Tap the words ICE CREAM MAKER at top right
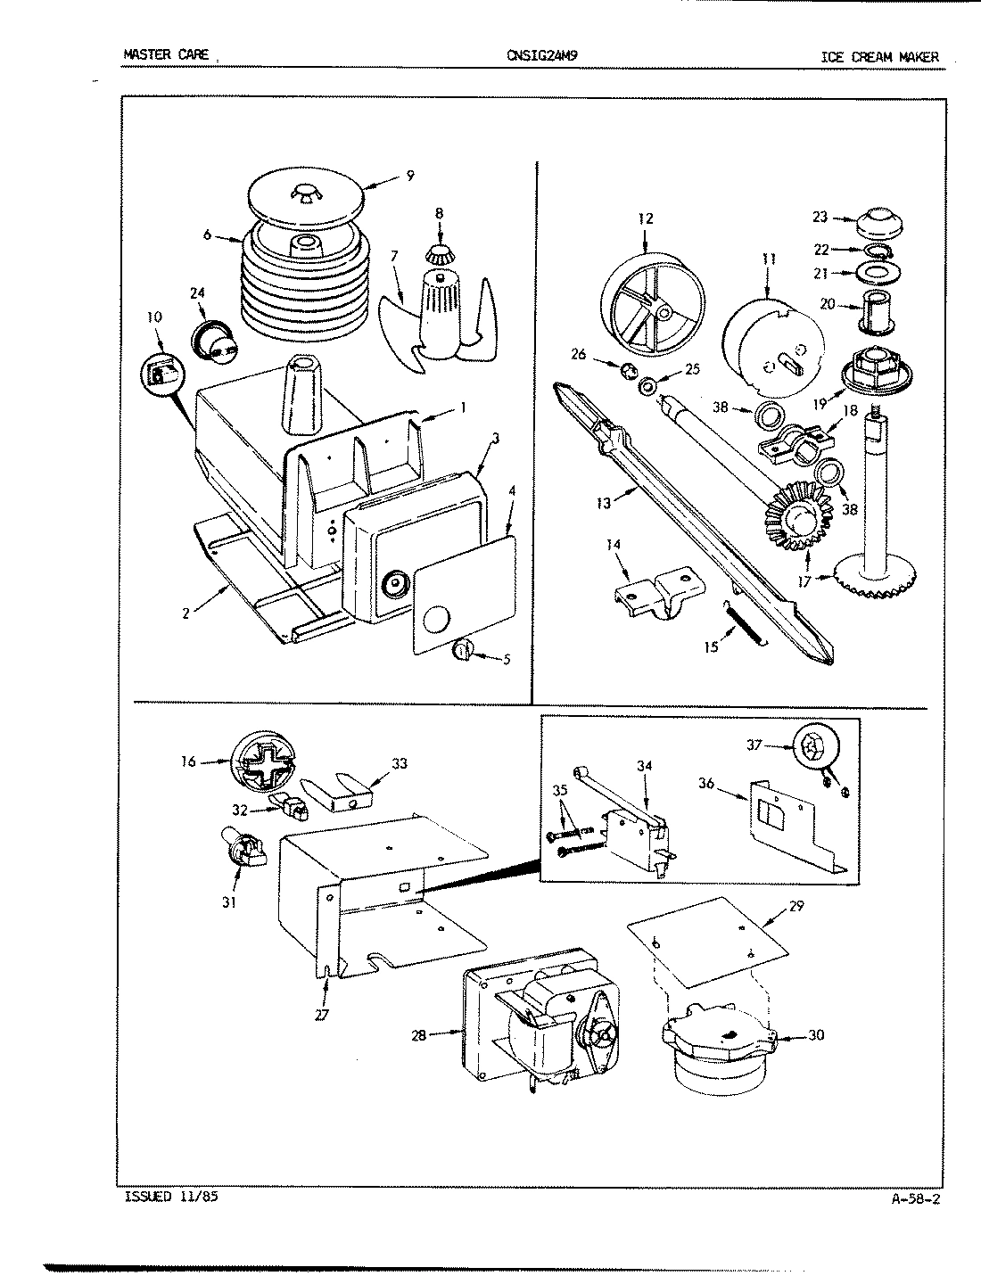(x=879, y=57)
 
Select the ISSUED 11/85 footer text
(x=167, y=1197)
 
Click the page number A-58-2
(x=915, y=1198)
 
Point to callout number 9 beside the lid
(x=409, y=176)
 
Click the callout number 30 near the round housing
(x=816, y=1035)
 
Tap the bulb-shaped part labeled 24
(x=213, y=340)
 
